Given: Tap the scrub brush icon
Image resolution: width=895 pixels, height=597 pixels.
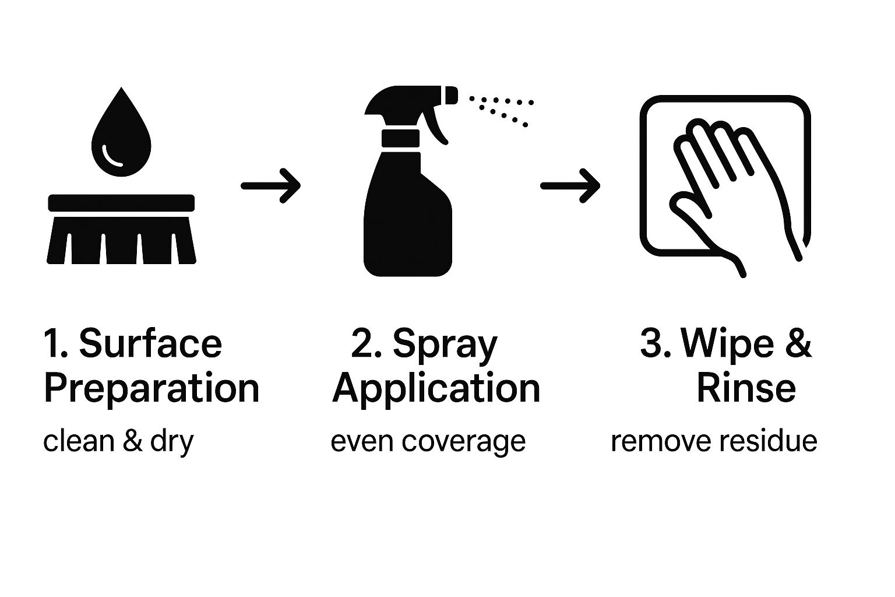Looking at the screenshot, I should [x=121, y=230].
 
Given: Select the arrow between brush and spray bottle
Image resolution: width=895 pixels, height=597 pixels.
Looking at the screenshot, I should [x=271, y=186].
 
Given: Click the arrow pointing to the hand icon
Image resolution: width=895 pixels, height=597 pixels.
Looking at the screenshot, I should [x=570, y=186].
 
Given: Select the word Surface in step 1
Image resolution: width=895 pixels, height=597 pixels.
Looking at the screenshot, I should [x=150, y=343].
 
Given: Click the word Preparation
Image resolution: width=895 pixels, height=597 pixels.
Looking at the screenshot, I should [x=151, y=389].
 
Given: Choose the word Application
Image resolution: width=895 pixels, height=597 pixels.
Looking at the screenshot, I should [x=436, y=389].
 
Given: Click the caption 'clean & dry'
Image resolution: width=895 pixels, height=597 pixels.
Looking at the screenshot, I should [x=118, y=441].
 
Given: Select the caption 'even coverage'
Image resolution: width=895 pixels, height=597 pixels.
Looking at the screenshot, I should [x=428, y=441].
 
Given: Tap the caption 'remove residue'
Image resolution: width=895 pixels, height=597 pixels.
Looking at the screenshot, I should [x=714, y=441].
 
